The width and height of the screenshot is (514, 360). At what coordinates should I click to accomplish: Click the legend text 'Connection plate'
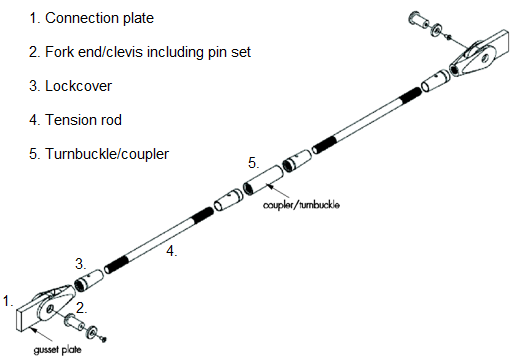coord(97,18)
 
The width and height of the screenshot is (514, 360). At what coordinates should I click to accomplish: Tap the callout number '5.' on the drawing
coord(254,162)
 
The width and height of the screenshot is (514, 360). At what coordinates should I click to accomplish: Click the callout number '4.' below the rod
coord(171,252)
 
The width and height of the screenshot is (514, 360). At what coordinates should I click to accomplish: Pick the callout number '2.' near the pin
coord(82,307)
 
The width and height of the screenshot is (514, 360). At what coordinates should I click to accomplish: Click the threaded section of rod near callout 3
coord(116,266)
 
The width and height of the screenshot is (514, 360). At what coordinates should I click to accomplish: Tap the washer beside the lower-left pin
coord(91,331)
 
